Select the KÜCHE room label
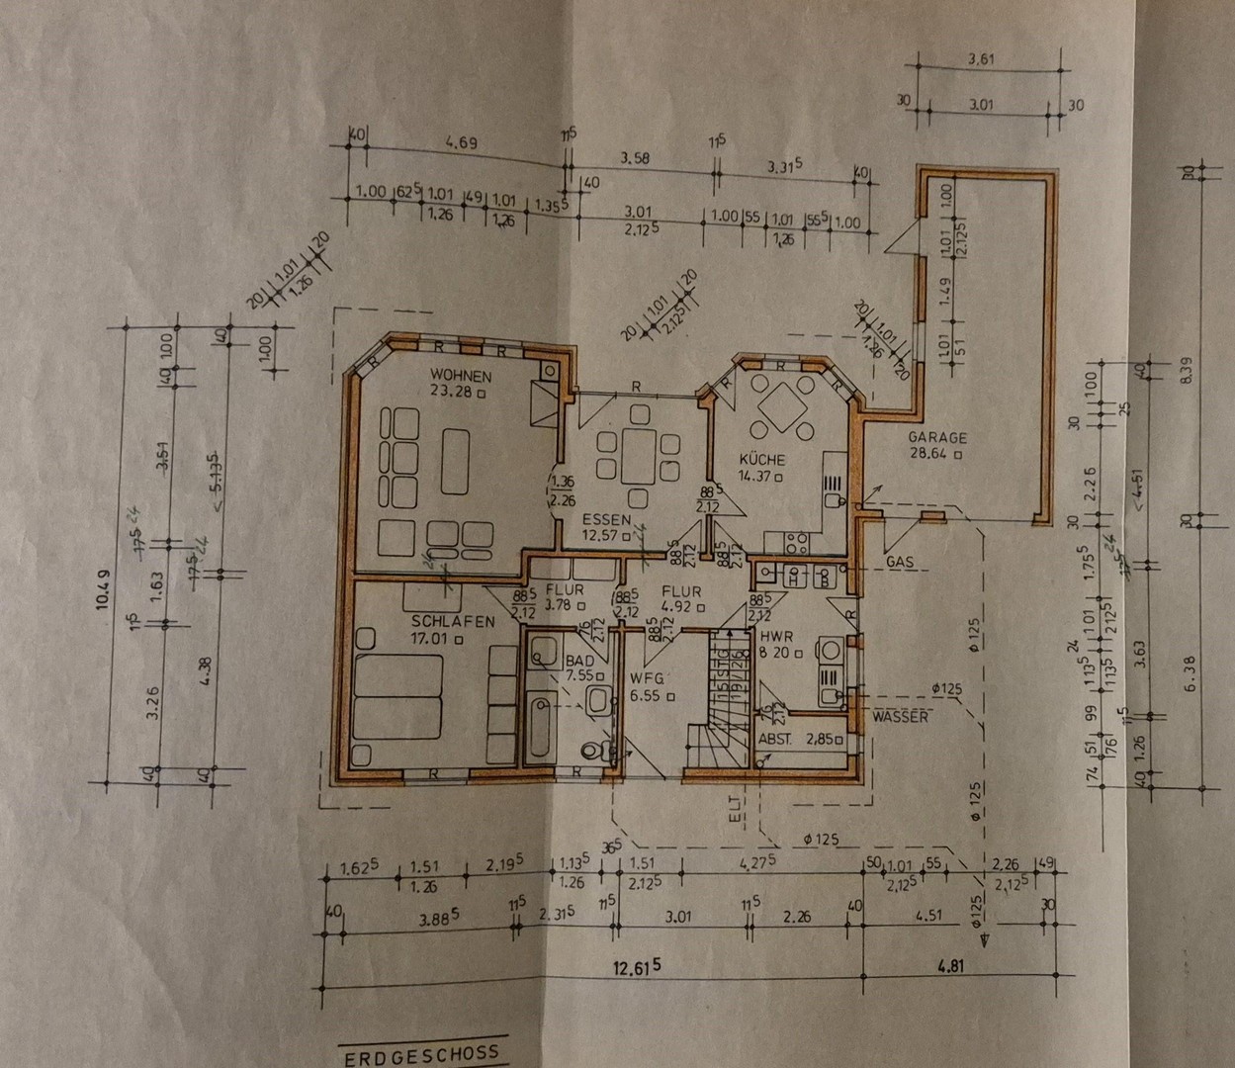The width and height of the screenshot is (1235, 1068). click(x=763, y=460)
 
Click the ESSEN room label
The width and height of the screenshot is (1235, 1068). click(x=606, y=519)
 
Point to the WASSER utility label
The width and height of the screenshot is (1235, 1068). click(x=900, y=716)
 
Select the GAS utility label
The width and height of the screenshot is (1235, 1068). click(x=899, y=561)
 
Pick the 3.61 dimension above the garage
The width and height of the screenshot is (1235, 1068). click(x=982, y=59)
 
